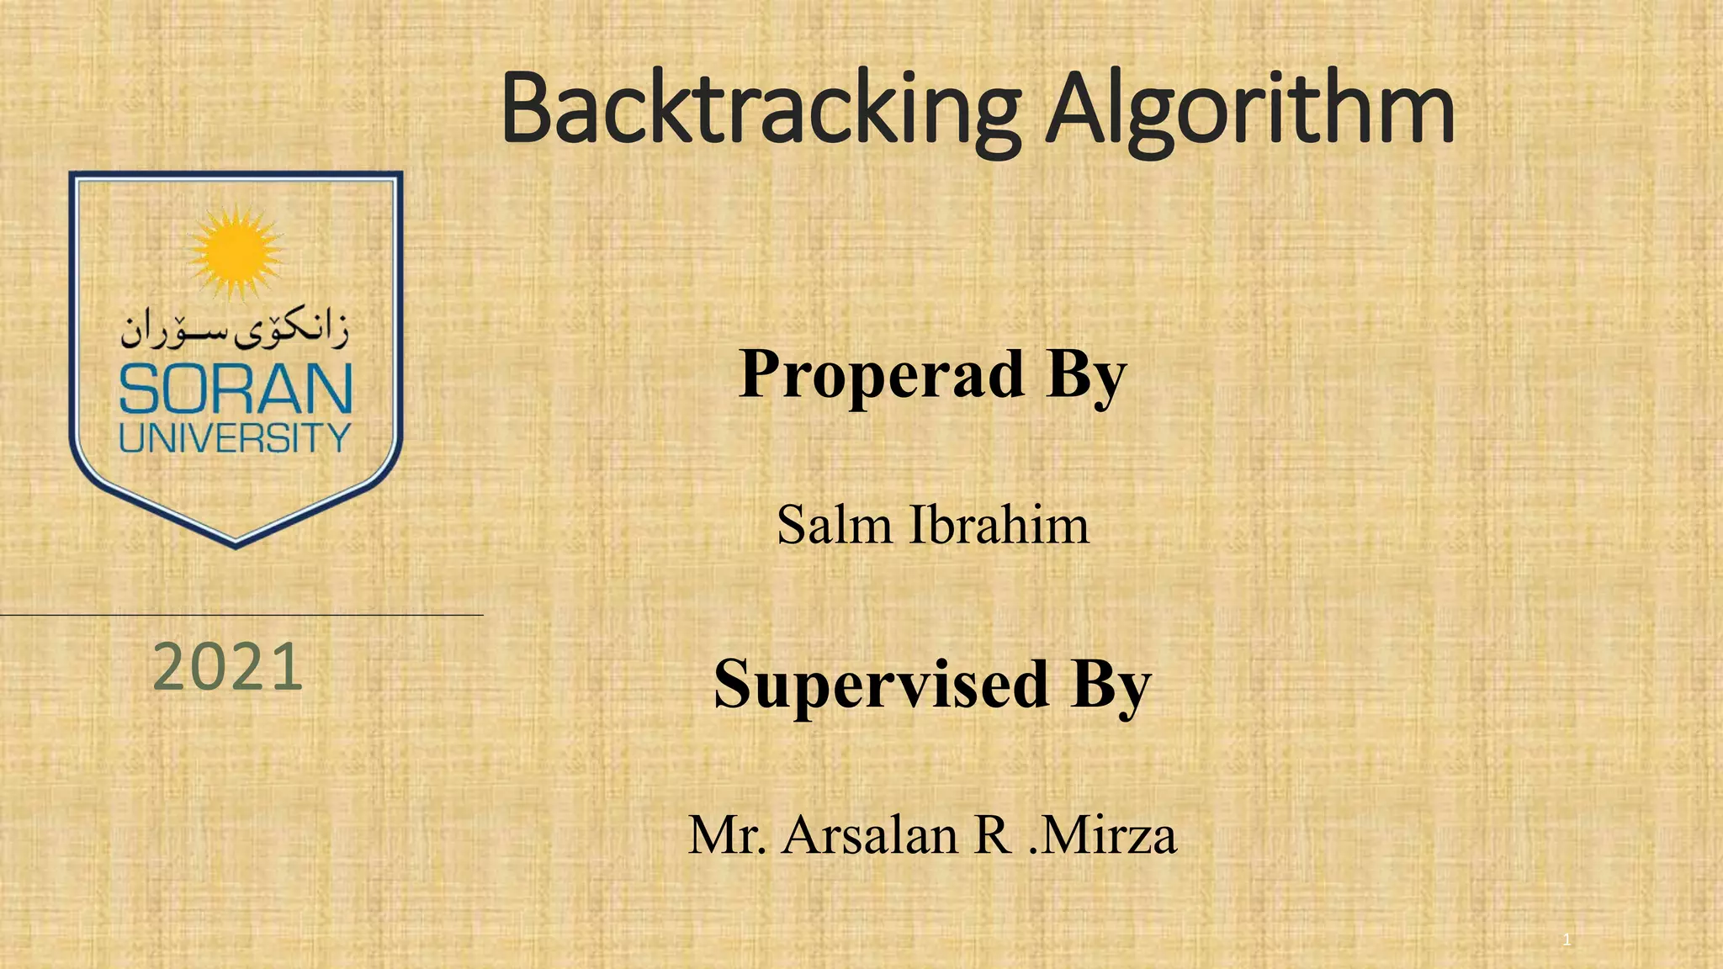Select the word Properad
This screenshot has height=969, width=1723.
click(x=882, y=374)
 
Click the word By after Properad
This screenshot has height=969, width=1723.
click(x=1085, y=376)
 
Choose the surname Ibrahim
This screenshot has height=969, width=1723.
click(x=999, y=526)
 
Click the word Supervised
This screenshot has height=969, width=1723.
click(x=881, y=684)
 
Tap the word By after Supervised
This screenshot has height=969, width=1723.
click(x=1111, y=686)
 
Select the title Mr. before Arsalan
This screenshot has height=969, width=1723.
click(x=727, y=835)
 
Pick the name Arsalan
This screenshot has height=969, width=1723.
click(x=870, y=835)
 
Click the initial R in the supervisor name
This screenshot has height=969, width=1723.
click(x=993, y=835)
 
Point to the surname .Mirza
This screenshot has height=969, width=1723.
click(x=1103, y=835)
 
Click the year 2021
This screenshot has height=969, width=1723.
click(x=227, y=667)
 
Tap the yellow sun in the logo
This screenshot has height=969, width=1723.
click(x=235, y=251)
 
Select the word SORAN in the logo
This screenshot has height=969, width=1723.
click(x=236, y=390)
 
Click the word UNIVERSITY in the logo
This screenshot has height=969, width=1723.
click(x=235, y=438)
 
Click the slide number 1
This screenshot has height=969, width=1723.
click(x=1567, y=940)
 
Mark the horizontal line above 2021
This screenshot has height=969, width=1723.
click(x=241, y=615)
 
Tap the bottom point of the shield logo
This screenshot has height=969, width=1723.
click(x=236, y=545)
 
